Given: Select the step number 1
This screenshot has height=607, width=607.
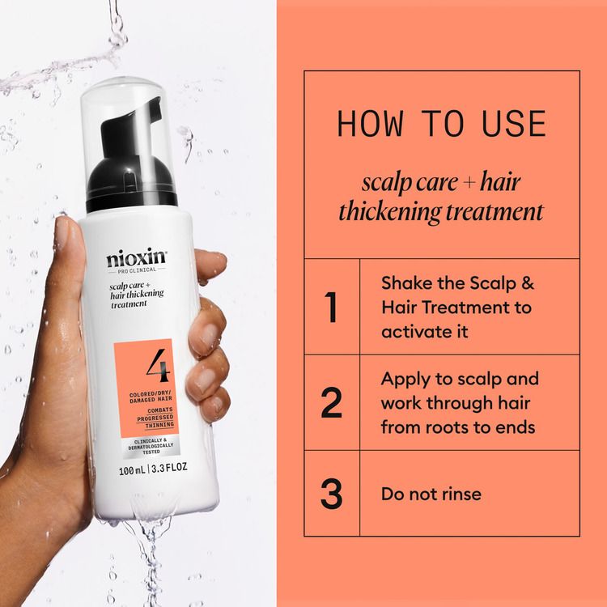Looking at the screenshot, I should (x=331, y=307).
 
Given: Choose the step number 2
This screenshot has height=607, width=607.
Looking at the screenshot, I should (x=331, y=402).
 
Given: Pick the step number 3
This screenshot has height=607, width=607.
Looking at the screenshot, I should (x=331, y=494).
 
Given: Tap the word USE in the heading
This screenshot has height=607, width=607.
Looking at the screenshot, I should (x=513, y=124).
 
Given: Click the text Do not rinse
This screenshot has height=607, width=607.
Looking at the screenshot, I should (x=431, y=494).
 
